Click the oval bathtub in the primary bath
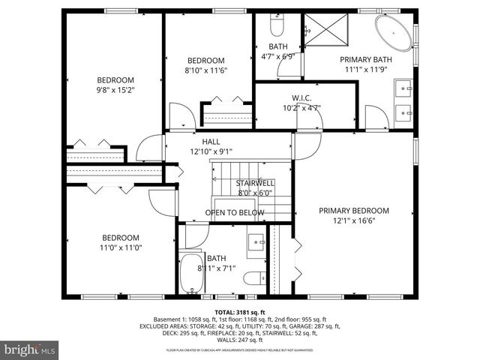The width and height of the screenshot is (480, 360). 392,35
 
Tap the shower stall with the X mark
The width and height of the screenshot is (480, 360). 327,31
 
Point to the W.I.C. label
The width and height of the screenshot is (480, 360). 302,97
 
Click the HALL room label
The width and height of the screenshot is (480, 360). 211,141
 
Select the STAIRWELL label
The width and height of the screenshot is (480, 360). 255,183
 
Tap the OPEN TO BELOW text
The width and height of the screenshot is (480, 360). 235,213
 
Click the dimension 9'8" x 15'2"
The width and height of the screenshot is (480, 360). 115,91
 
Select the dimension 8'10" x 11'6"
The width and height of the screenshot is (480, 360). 206,70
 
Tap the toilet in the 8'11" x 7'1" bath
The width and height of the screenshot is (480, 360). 253,277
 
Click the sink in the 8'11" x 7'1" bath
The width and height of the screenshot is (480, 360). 256,242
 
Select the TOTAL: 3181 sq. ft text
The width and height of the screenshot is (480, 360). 240,311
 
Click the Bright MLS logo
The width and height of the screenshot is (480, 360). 30,350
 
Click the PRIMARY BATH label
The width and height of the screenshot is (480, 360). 366,59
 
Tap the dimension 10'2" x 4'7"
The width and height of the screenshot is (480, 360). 302,107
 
